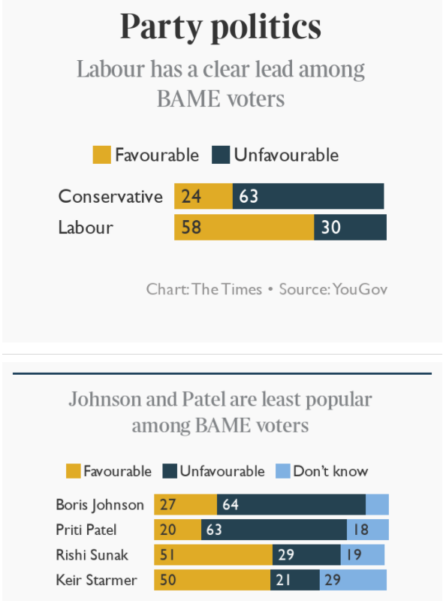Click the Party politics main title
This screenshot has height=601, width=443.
[221, 27]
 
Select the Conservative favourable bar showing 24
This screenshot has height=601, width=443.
[203, 196]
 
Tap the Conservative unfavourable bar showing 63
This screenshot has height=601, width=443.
[308, 196]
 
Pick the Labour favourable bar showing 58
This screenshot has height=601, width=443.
[243, 227]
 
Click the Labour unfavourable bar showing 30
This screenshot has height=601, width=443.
[350, 227]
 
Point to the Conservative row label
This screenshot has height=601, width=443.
[110, 196]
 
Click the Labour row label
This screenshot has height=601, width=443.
[86, 227]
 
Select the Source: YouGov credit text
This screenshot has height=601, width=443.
[333, 288]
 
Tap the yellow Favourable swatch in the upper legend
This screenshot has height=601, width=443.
[101, 156]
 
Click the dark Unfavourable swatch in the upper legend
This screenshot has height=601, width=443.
[221, 156]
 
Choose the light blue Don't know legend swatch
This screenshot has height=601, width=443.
[282, 472]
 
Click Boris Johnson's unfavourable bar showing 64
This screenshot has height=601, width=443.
[291, 504]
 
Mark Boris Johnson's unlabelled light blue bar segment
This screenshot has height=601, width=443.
[377, 504]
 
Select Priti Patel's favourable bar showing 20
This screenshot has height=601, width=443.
[177, 530]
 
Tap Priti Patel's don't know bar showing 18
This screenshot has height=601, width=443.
[368, 530]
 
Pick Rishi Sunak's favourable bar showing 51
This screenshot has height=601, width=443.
[212, 555]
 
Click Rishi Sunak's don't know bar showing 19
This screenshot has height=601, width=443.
[363, 555]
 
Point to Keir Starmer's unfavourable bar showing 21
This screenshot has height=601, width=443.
[294, 580]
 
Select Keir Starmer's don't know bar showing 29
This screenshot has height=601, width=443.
[353, 580]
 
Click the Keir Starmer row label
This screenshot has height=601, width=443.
[96, 580]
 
